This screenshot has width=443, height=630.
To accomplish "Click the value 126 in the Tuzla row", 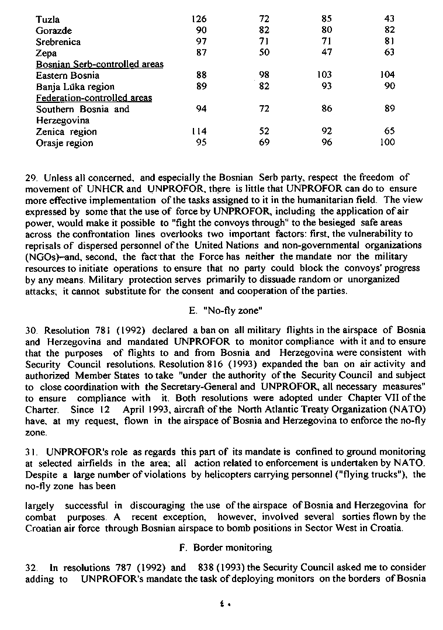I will click(x=199, y=19).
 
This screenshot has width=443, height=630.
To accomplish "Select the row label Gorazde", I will click(x=54, y=30).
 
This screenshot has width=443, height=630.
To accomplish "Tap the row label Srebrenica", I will click(x=58, y=41).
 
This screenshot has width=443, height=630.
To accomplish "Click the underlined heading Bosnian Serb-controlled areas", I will click(x=99, y=64).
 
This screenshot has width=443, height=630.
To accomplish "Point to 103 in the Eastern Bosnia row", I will click(x=324, y=75).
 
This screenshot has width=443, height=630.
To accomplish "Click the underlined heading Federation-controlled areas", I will click(x=94, y=98).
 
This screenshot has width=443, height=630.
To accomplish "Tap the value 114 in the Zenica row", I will click(x=199, y=131).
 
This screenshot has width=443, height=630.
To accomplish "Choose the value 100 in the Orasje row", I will click(x=387, y=143).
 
